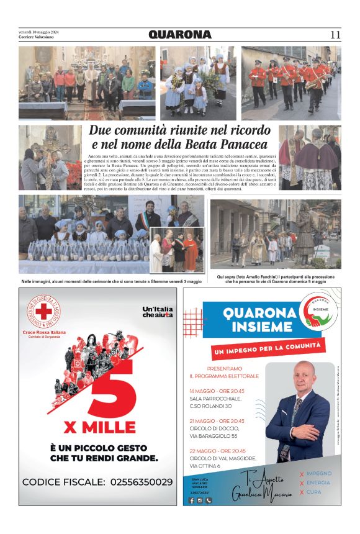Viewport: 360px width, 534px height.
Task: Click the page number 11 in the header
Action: tap(335, 35)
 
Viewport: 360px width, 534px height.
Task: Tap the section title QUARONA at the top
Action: tap(180, 35)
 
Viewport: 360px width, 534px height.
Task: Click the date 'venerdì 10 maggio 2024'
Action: tap(38, 32)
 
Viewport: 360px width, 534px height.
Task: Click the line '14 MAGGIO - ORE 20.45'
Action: tap(217, 391)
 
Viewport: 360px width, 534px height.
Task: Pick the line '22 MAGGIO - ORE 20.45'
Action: tap(217, 450)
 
